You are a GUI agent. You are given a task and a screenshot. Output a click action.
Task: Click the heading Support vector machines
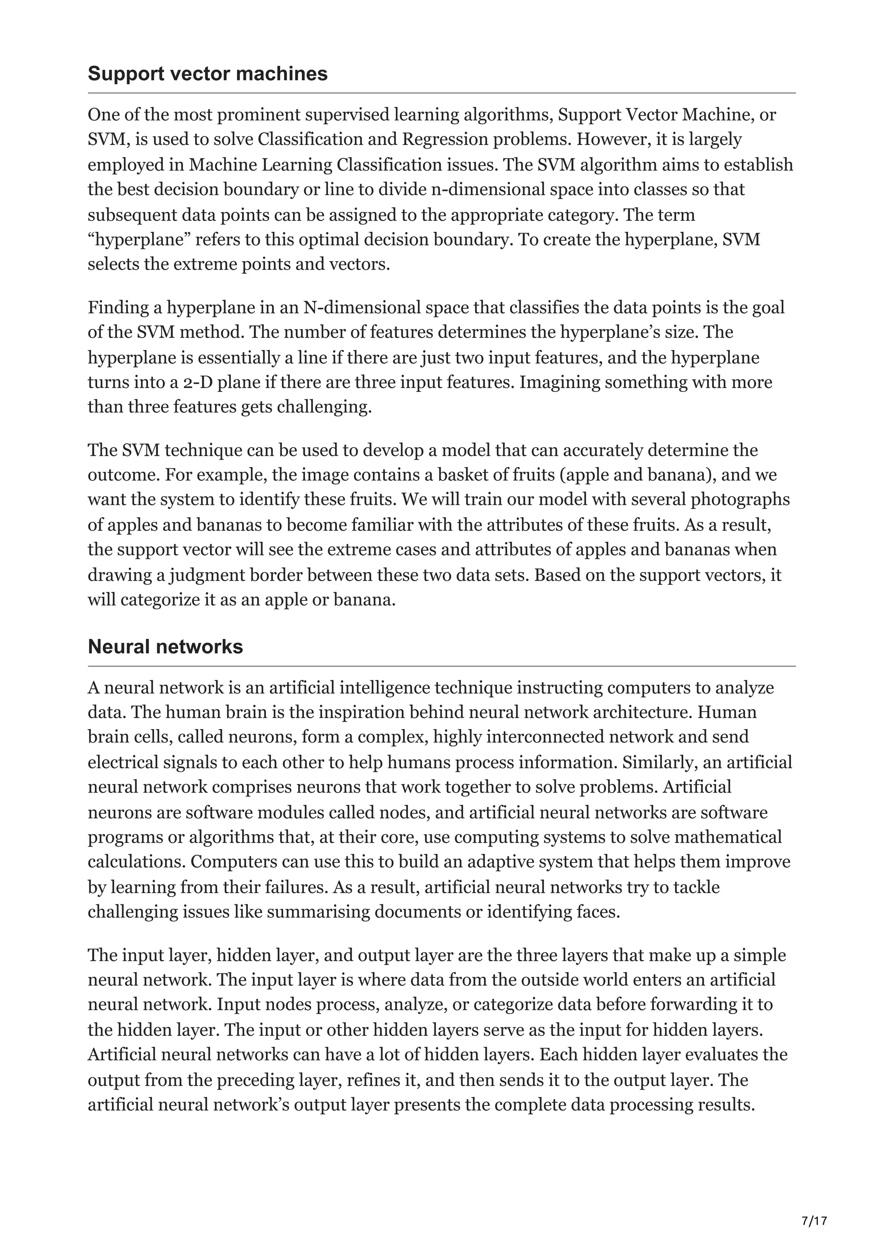pos(208,73)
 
